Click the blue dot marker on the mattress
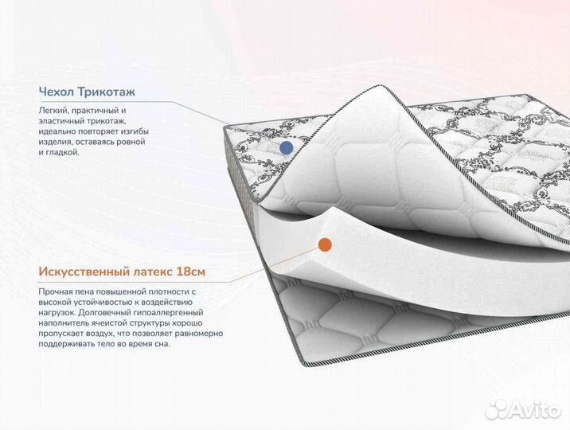287,147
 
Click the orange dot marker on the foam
325,244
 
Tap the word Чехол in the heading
56,92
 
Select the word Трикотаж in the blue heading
107,92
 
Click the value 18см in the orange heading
191,272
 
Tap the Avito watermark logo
523,409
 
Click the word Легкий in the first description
51,110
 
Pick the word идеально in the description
56,131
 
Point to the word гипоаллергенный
168,312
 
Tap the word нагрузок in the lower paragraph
57,313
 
